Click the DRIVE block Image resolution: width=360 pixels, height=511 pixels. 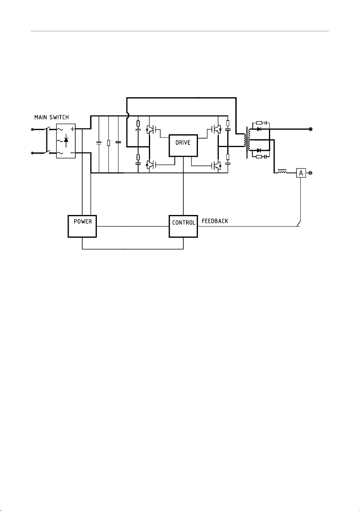(x=183, y=146)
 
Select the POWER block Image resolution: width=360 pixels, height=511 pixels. (x=82, y=226)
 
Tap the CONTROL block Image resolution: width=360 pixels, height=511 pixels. (x=183, y=226)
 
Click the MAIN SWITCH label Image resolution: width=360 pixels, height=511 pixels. (x=51, y=117)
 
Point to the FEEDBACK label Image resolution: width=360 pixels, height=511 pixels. (x=215, y=221)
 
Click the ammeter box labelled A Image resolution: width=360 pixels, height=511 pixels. (x=301, y=173)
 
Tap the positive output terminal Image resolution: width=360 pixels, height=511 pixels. (x=311, y=129)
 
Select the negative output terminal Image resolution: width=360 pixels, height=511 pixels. (x=310, y=173)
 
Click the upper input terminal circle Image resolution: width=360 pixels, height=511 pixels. (x=32, y=130)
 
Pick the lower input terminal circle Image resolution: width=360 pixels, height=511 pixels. (x=32, y=153)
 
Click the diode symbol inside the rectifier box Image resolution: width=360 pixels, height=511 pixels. (x=66, y=140)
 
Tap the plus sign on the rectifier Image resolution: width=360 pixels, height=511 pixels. (x=72, y=129)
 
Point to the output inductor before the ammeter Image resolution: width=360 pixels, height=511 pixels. (x=282, y=172)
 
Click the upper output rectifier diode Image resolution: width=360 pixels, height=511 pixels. (x=259, y=129)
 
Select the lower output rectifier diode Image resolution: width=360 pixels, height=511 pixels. (x=259, y=151)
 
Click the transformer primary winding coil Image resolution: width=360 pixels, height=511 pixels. (x=245, y=140)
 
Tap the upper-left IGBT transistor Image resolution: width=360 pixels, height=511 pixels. (x=150, y=129)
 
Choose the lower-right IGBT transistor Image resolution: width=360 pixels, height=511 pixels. (x=216, y=166)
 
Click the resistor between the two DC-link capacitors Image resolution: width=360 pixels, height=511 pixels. (x=108, y=143)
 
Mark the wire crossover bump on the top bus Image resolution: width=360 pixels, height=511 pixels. (x=128, y=116)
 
